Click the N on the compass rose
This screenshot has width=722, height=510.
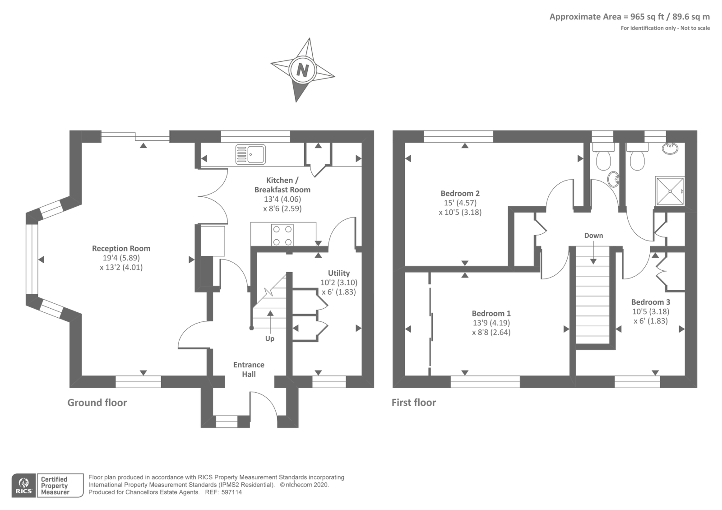tap(302, 70)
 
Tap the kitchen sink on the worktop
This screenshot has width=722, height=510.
tap(250, 154)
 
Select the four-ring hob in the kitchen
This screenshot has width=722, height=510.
tap(282, 235)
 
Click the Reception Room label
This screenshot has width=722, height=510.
tap(121, 248)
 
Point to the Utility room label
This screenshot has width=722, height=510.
tap(338, 273)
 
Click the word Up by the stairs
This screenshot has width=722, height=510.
tap(269, 338)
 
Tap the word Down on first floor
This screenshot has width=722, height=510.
tap(593, 236)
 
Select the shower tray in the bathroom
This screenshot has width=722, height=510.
tap(670, 191)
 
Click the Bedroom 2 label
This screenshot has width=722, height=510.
tap(460, 193)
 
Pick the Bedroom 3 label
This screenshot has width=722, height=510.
tap(650, 302)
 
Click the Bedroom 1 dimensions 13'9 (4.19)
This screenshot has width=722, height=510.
tap(491, 323)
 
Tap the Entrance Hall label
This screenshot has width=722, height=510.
tap(249, 369)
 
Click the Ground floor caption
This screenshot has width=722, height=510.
tap(97, 403)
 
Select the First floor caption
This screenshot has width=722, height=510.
tap(413, 403)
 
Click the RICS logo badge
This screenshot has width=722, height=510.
tap(23, 485)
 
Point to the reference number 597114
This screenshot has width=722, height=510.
tap(232, 492)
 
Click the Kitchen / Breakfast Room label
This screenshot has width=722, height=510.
tap(282, 185)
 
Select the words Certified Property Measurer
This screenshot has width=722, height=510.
tap(55, 486)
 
